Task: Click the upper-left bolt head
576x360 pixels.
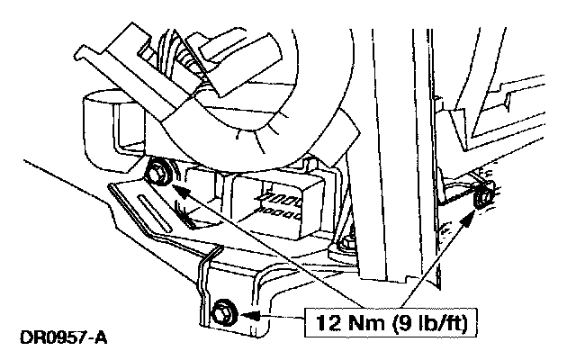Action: [x=163, y=170]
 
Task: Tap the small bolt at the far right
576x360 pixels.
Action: [x=484, y=195]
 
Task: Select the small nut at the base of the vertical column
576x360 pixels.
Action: [x=346, y=243]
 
